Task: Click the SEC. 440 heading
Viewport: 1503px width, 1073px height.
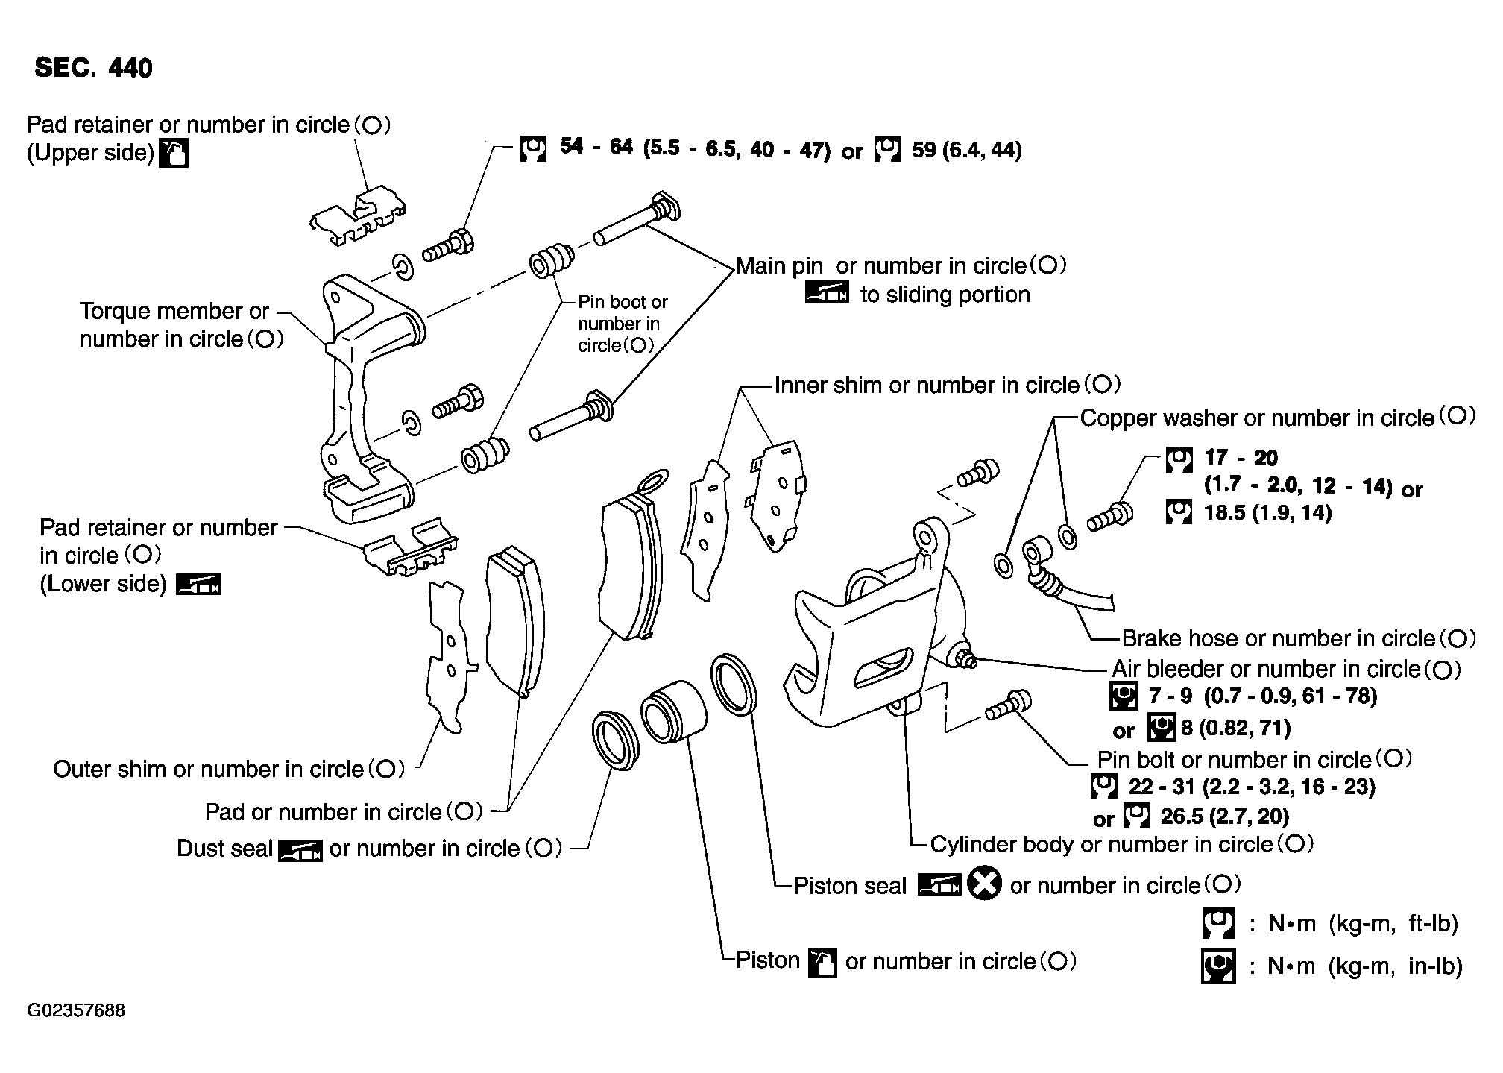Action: [x=93, y=68]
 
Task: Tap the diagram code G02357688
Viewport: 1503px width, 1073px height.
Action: [x=76, y=1011]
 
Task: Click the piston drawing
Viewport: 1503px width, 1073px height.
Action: [x=671, y=712]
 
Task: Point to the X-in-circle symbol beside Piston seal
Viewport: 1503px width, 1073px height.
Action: [x=984, y=885]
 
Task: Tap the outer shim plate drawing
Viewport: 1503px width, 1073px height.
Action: [x=447, y=656]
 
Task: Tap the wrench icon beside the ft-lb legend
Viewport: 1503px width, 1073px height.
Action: [x=1218, y=923]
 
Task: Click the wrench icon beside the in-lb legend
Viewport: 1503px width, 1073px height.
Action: [x=1218, y=966]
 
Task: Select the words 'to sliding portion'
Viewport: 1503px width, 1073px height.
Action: [x=945, y=295]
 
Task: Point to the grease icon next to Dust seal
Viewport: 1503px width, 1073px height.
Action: [x=300, y=849]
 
